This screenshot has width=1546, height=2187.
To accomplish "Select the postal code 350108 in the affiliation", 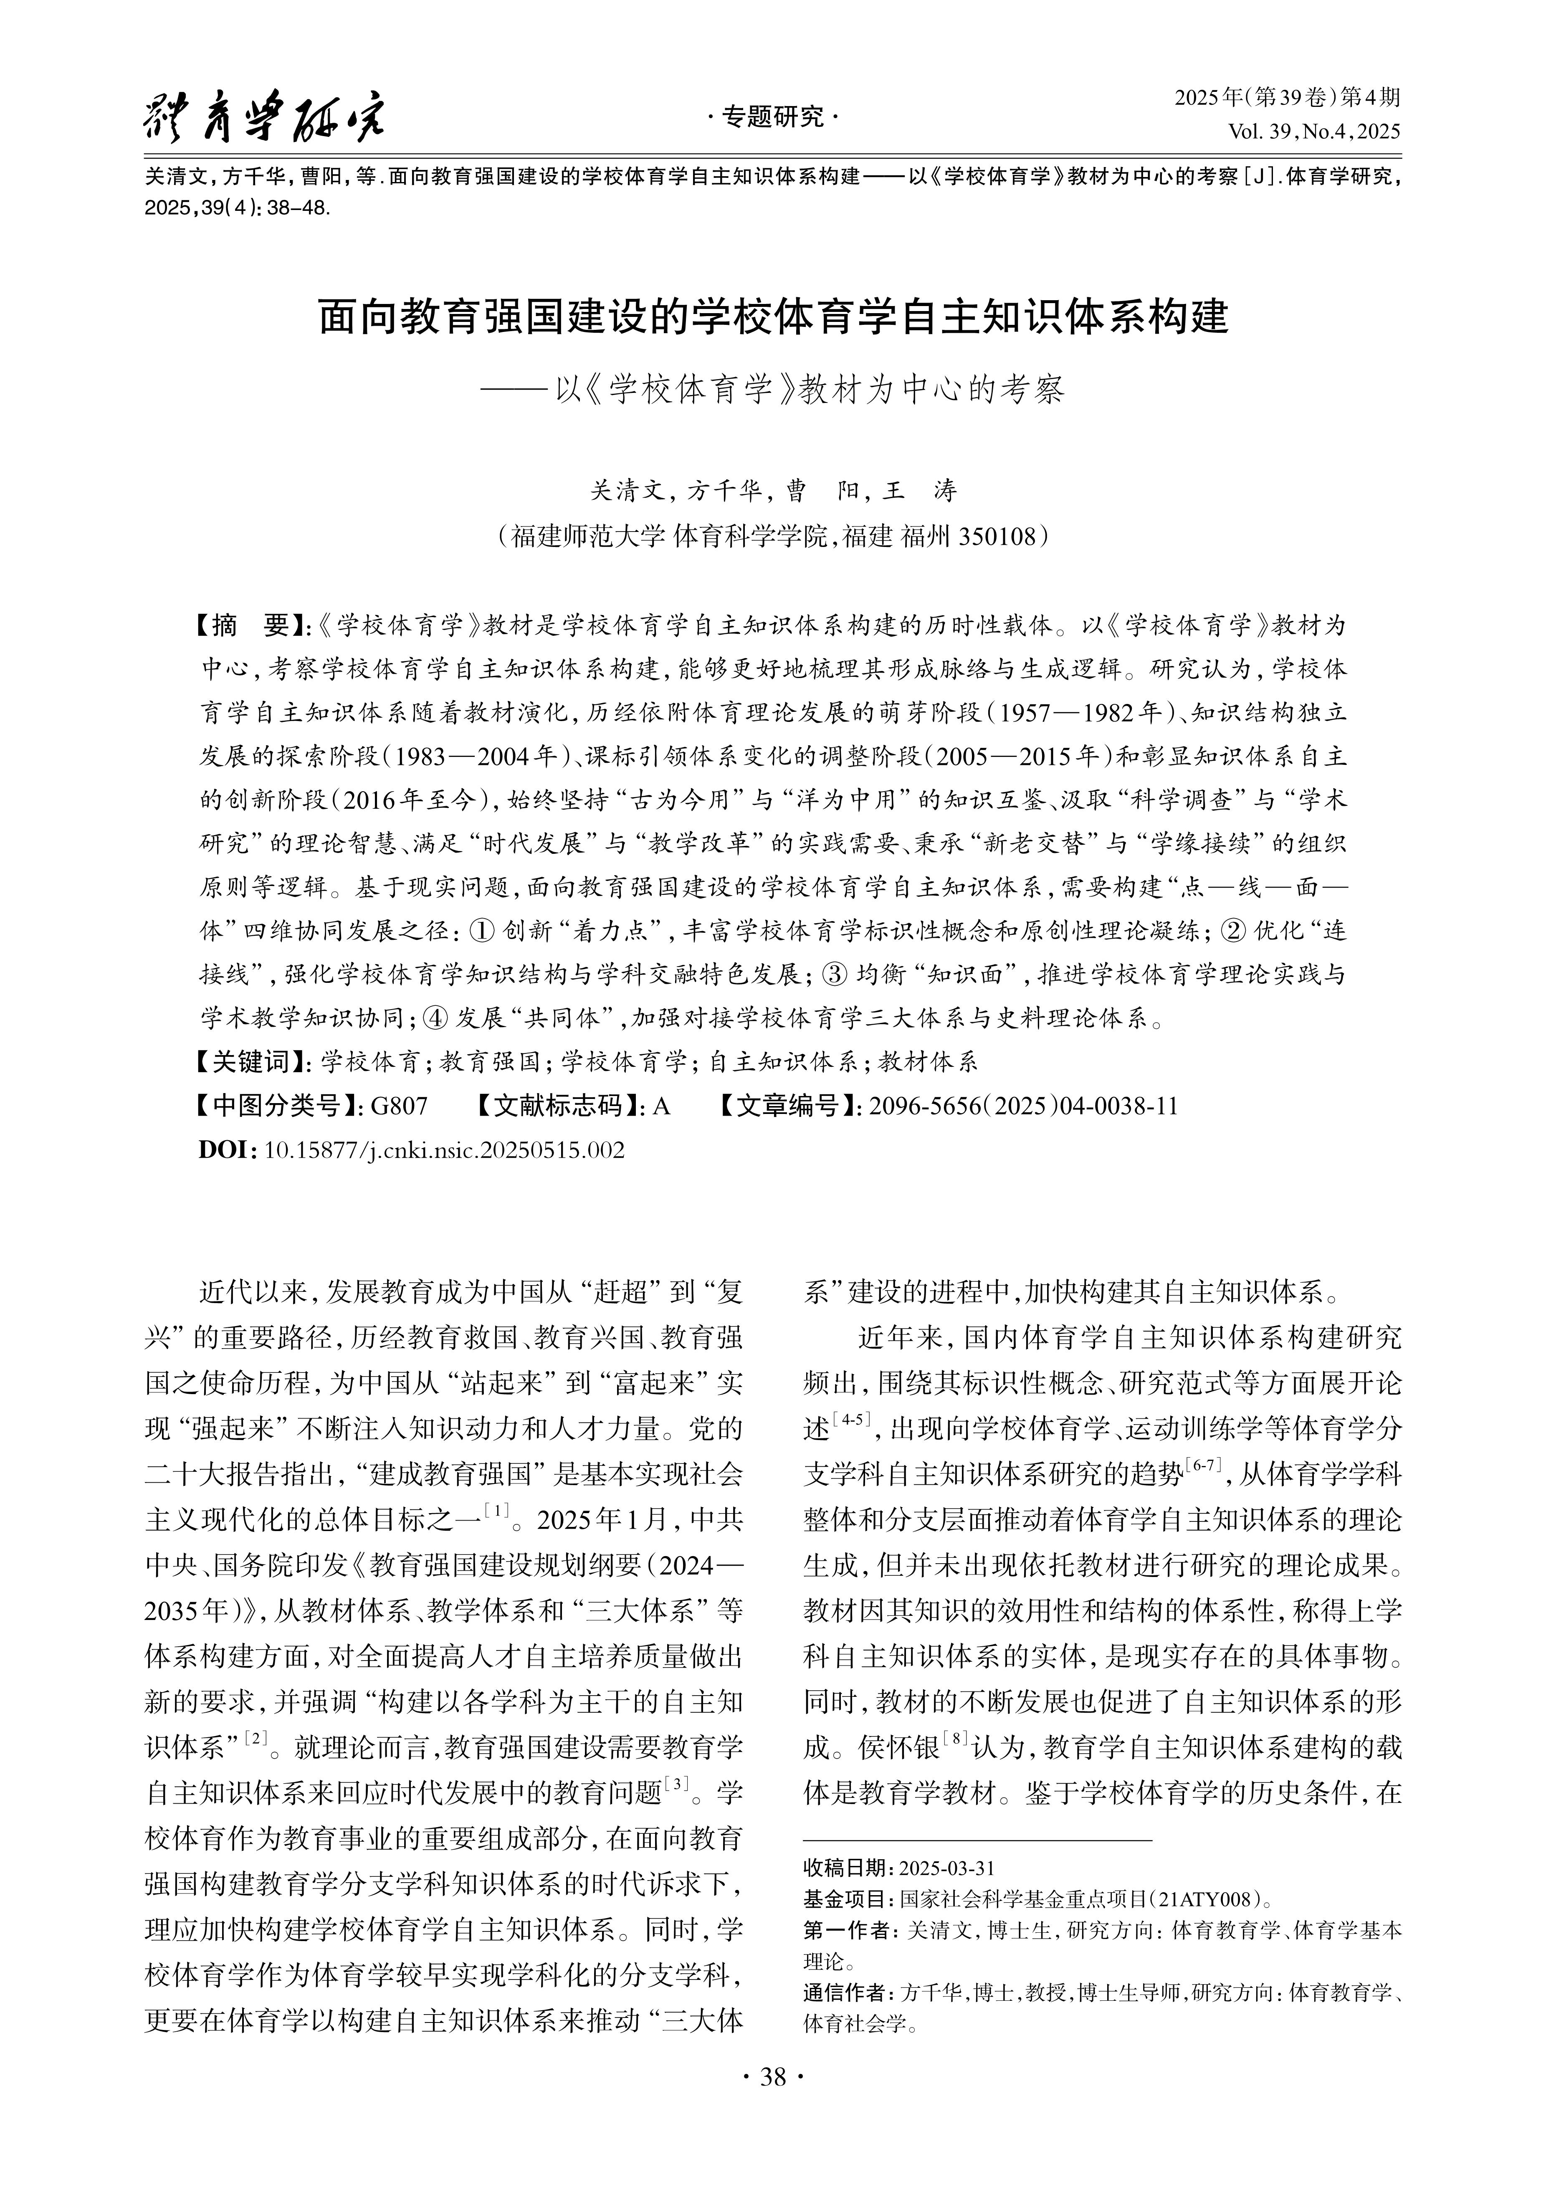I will point(995,536).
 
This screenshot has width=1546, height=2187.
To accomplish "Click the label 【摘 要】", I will point(250,626).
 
